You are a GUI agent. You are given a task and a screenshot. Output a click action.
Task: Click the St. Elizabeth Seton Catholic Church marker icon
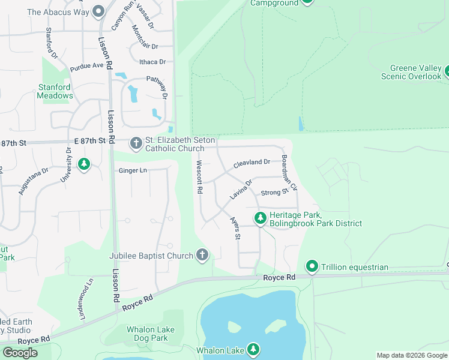click(x=136, y=143)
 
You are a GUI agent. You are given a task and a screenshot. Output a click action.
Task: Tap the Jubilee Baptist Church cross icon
click(x=203, y=256)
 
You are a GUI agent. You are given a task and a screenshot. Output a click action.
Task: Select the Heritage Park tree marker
click(x=260, y=218)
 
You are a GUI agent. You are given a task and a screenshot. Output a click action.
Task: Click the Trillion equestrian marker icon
click(x=312, y=266)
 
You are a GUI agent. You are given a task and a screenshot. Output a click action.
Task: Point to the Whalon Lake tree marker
click(x=253, y=349)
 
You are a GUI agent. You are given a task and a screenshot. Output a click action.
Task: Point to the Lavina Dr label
click(x=241, y=189)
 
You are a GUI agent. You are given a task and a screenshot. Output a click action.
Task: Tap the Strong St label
click(x=276, y=193)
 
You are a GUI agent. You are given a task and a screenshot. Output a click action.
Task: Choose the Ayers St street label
click(x=235, y=229)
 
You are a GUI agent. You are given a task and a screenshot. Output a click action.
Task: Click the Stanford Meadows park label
click(x=55, y=91)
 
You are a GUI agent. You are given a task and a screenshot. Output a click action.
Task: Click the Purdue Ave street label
click(x=86, y=65)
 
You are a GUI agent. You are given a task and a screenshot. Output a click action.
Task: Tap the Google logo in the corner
click(x=20, y=353)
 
